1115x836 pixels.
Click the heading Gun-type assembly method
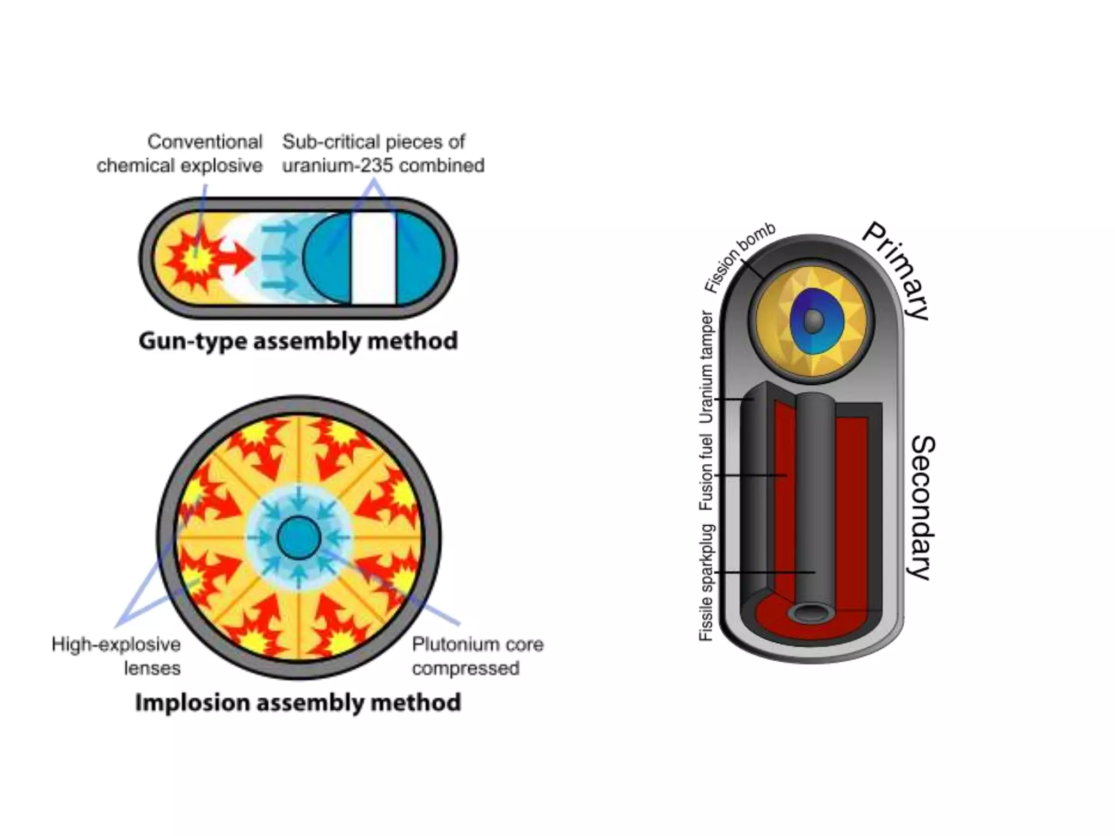(x=298, y=341)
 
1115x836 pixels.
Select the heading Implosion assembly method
(x=298, y=702)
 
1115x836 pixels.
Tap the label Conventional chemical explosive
(x=180, y=153)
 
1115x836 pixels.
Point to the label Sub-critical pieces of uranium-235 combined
(x=383, y=153)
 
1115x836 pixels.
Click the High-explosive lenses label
(x=117, y=656)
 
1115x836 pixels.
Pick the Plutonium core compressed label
(x=477, y=656)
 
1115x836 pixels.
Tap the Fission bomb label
(x=739, y=259)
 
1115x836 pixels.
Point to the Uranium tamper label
(x=706, y=367)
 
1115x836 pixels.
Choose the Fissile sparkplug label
(x=706, y=582)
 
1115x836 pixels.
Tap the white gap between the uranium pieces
(x=373, y=259)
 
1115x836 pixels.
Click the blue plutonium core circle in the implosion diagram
(x=298, y=538)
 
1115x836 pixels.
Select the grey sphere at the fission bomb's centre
(x=813, y=321)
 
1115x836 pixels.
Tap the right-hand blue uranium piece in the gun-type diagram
(x=419, y=259)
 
